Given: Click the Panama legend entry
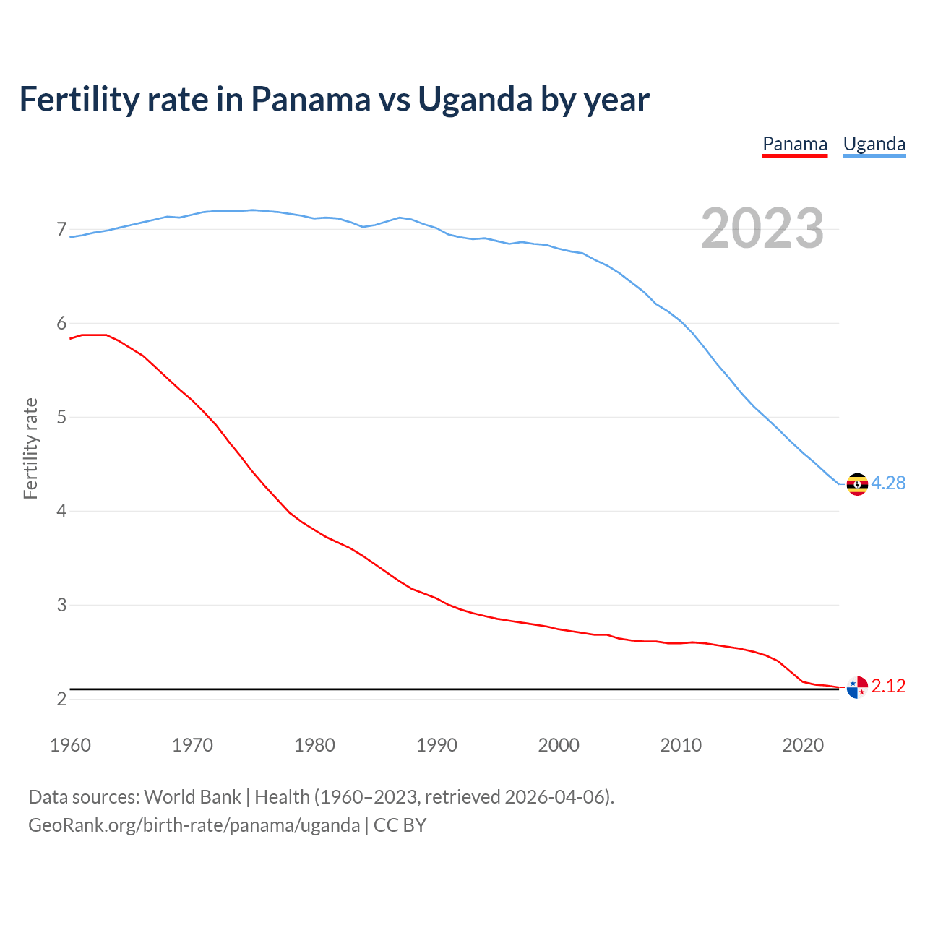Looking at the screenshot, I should pyautogui.click(x=795, y=145).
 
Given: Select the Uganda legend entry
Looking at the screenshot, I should pyautogui.click(x=874, y=145).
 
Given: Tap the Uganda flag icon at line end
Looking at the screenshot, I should pyautogui.click(x=857, y=484).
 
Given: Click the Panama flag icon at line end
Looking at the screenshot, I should pyautogui.click(x=857, y=687).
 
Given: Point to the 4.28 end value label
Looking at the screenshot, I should pyautogui.click(x=888, y=483).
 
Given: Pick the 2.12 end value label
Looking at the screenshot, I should pyautogui.click(x=888, y=687).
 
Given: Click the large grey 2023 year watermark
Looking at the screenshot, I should pyautogui.click(x=762, y=229).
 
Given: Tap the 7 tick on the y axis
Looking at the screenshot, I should pyautogui.click(x=61, y=230).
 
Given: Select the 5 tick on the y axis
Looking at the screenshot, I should pyautogui.click(x=61, y=418).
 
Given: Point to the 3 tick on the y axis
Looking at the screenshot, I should pyautogui.click(x=61, y=606).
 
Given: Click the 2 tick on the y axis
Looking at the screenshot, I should pyautogui.click(x=61, y=700).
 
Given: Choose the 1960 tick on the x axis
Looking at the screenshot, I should pyautogui.click(x=70, y=745).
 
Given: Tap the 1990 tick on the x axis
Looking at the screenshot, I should pyautogui.click(x=436, y=745).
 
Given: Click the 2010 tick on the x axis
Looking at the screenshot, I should pyautogui.click(x=681, y=745).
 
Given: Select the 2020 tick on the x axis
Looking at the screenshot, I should pyautogui.click(x=803, y=745).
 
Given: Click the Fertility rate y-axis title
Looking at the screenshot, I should pyautogui.click(x=30, y=448).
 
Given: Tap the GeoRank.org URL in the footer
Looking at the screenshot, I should pyautogui.click(x=194, y=825).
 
